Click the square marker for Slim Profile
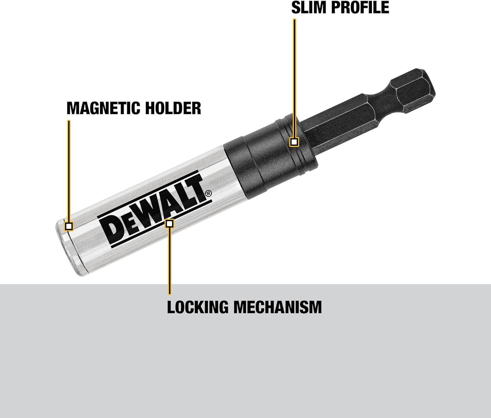click(294, 142)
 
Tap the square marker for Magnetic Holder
click(69, 226)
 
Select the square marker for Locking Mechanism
click(169, 223)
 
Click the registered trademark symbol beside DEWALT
click(208, 194)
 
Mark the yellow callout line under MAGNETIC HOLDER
click(69, 170)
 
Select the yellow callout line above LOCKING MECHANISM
click(169, 262)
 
